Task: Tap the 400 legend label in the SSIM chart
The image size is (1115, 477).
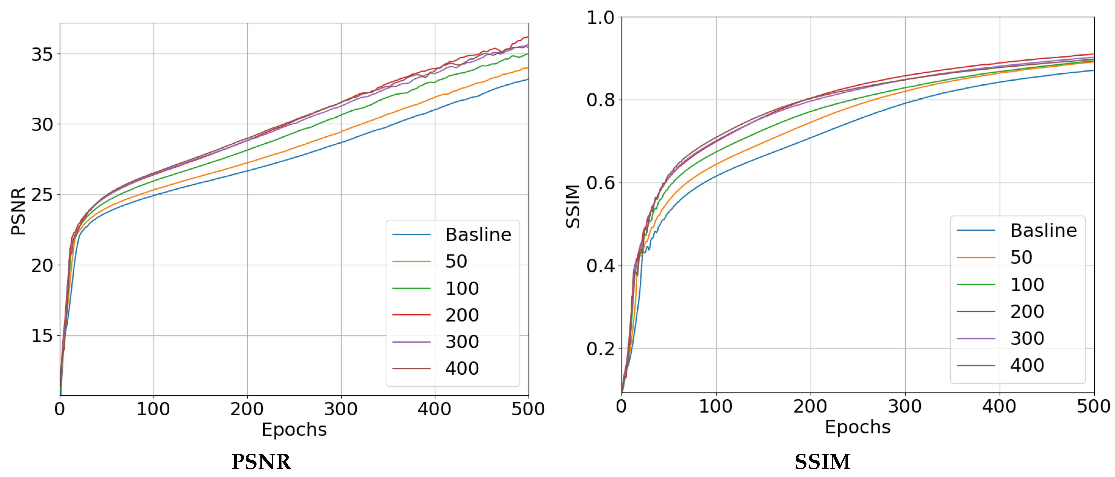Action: pos(1027,365)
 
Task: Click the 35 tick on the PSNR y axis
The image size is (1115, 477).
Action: pos(42,55)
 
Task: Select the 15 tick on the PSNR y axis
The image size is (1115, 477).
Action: pos(42,336)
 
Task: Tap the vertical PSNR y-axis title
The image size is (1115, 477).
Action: pos(18,211)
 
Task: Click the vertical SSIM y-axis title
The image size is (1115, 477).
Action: pos(573,206)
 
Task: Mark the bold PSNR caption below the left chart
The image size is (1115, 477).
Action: pos(261,462)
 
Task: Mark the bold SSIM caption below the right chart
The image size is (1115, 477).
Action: pos(822,462)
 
